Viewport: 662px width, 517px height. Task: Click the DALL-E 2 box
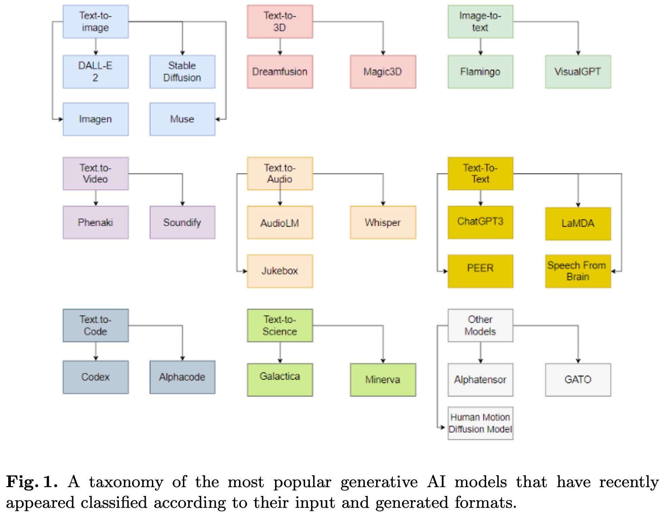96,72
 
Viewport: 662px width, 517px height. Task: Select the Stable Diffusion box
182,72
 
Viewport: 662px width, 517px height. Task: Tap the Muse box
182,119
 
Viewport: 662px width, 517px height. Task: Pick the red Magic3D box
383,72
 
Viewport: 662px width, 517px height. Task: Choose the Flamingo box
480,72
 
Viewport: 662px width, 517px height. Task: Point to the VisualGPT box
578,72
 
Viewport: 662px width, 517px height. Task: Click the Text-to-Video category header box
96,173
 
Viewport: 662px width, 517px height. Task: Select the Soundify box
182,223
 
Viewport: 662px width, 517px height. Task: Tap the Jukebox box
280,271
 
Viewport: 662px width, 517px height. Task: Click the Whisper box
383,223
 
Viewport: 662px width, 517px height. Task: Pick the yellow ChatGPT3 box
480,222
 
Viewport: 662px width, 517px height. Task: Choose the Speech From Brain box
578,271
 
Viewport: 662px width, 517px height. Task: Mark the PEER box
480,271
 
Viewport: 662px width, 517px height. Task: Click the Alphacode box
182,377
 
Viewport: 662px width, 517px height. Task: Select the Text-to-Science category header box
280,325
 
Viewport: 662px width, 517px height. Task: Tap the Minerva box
383,380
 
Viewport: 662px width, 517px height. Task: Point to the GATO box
578,380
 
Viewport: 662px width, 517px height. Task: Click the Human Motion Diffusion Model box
480,423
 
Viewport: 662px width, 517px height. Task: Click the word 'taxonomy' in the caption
126,482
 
